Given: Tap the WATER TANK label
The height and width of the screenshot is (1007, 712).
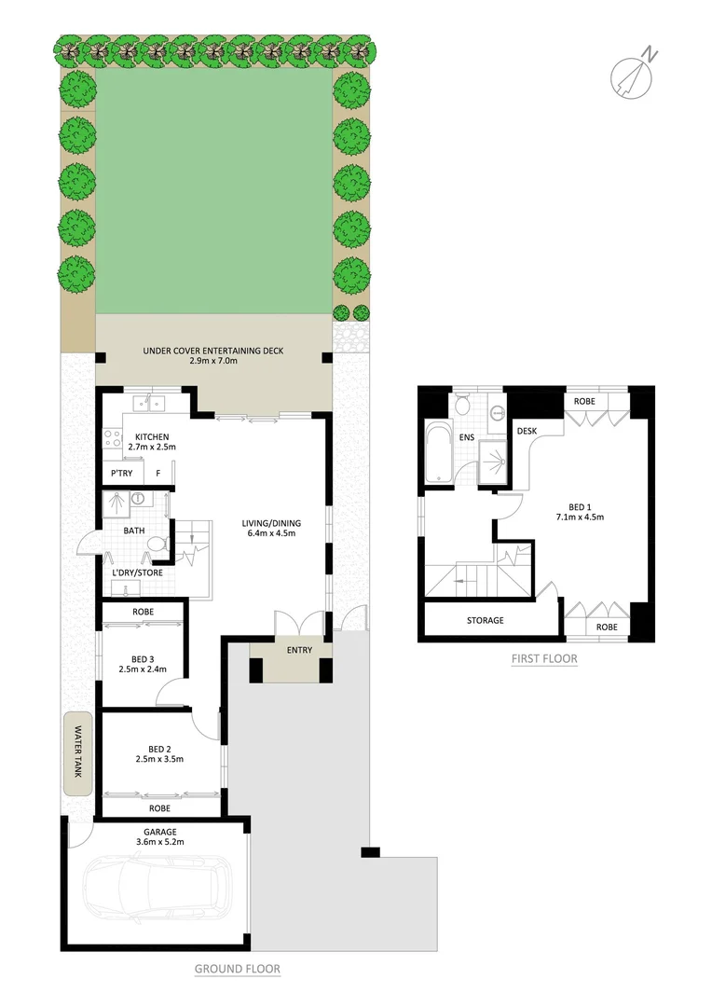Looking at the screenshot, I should pyautogui.click(x=78, y=753).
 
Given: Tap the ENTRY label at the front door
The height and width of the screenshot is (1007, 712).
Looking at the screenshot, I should pyautogui.click(x=300, y=651).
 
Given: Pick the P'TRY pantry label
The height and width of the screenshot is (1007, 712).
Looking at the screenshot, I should pyautogui.click(x=121, y=474).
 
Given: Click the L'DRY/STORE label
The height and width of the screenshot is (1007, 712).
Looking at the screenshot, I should pyautogui.click(x=137, y=572).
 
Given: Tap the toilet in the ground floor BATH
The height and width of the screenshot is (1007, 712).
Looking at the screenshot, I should pyautogui.click(x=156, y=543).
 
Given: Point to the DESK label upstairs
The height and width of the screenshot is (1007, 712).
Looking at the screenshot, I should pyautogui.click(x=527, y=432).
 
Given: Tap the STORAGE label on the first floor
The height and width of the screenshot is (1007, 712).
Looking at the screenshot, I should pyautogui.click(x=485, y=620).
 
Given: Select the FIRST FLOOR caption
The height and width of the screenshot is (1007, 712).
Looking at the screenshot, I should pyautogui.click(x=543, y=659).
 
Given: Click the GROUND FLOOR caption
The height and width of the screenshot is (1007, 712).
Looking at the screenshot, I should pyautogui.click(x=237, y=969).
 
